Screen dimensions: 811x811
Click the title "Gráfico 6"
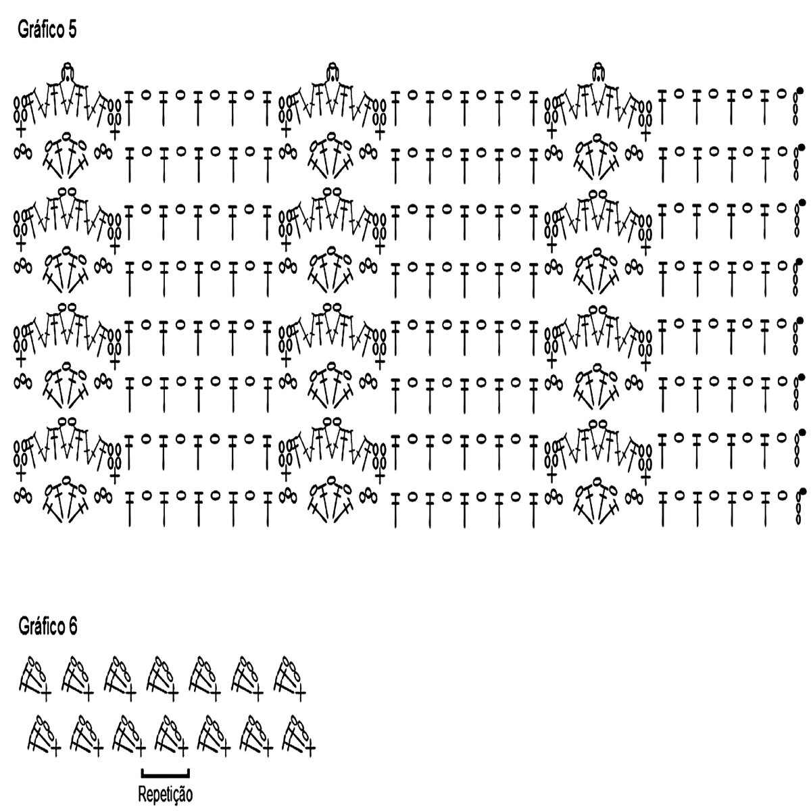point(47,626)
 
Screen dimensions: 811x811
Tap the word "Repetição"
point(166,793)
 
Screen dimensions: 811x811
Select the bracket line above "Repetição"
point(166,770)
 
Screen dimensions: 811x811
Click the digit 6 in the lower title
point(72,626)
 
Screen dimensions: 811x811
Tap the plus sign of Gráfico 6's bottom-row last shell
point(310,748)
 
